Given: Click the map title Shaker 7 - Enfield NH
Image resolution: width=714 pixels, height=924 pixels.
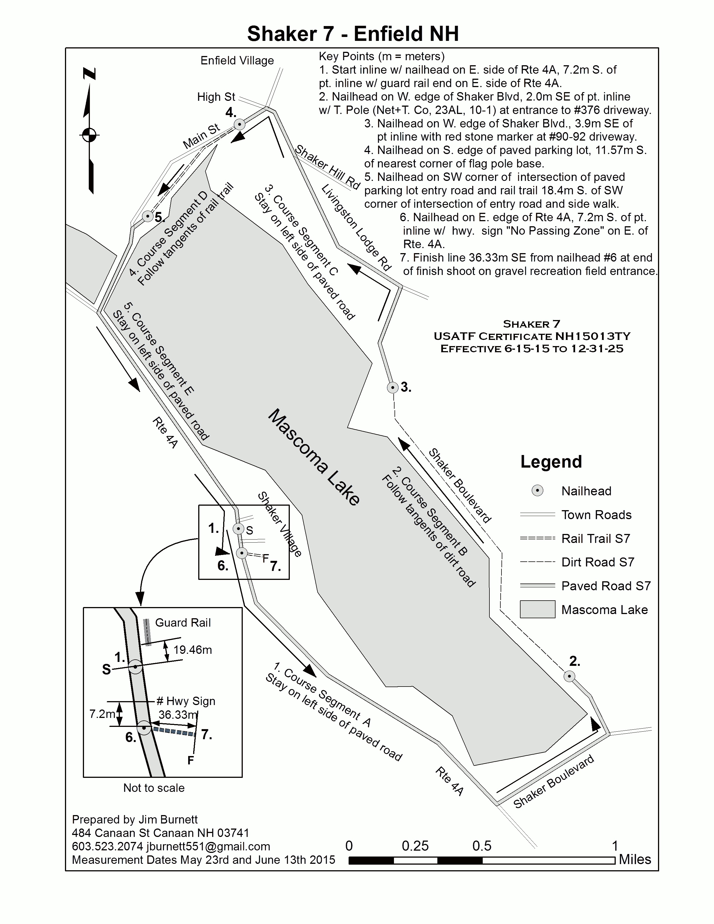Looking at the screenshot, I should click(x=353, y=34).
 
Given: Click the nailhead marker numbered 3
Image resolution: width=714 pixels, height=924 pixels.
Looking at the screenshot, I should click(x=393, y=387).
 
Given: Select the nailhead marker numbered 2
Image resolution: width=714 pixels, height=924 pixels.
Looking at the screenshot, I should click(x=569, y=676).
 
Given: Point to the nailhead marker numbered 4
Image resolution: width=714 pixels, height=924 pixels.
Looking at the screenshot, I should click(x=239, y=124).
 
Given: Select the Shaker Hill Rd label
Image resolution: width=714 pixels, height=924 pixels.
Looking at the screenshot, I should click(x=327, y=167).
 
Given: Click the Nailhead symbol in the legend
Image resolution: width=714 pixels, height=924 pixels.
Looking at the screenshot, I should click(x=537, y=491).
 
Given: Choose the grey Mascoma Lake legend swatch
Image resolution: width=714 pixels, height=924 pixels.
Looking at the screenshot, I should click(x=537, y=610).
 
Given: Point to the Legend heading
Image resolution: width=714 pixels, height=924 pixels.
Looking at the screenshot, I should click(x=551, y=461).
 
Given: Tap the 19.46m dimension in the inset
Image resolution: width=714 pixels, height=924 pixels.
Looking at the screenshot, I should click(x=192, y=650).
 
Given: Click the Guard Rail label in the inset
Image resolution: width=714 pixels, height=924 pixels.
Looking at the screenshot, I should click(x=183, y=623).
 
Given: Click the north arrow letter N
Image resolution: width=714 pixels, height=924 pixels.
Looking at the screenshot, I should click(x=89, y=74).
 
